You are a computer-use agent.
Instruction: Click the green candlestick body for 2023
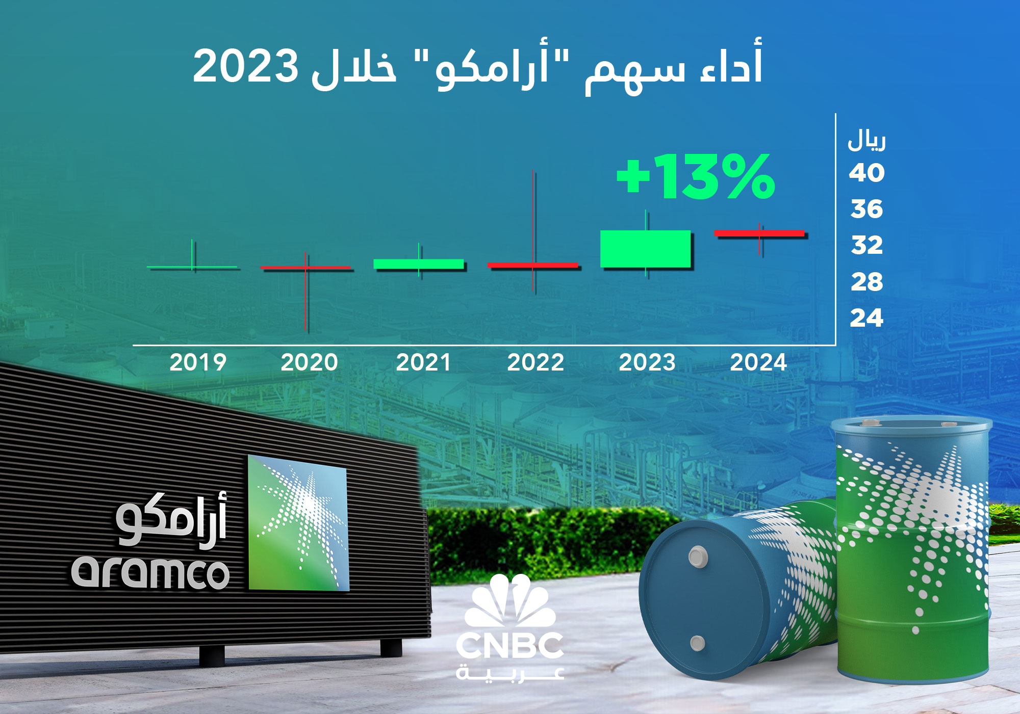tap(645, 249)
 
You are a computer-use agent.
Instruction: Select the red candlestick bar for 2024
tap(759, 233)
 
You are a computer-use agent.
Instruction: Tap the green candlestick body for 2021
tap(419, 264)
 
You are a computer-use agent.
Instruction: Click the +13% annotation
tap(696, 177)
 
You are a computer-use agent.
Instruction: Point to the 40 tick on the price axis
tap(866, 173)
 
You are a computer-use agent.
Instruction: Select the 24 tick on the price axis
tap(866, 318)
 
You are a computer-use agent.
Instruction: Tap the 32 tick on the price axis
tap(866, 245)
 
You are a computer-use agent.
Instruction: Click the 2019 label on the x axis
tap(198, 362)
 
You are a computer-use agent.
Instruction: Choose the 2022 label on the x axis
tap(535, 362)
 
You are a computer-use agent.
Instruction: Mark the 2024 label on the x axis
tap(758, 362)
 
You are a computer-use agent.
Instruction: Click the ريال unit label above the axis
tap(866, 141)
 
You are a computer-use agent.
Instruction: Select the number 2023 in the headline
tap(245, 66)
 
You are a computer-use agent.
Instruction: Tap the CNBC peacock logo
tap(510, 600)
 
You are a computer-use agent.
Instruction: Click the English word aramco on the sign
tap(150, 573)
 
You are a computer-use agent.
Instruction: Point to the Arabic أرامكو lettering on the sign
tap(171, 520)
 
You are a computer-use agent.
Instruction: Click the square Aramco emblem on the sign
tap(298, 522)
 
